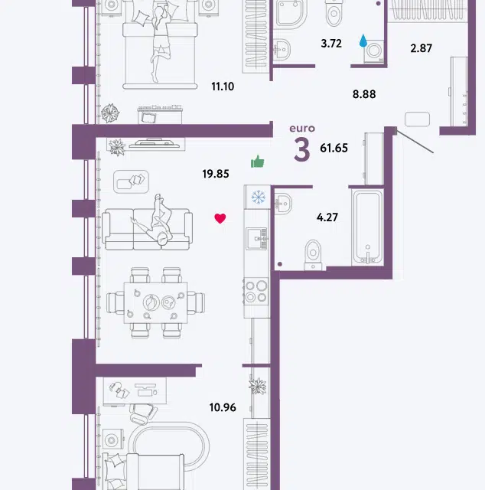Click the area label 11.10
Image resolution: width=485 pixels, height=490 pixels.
click(x=223, y=87)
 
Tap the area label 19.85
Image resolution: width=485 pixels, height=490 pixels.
click(x=216, y=174)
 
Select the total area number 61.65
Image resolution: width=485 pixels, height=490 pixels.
click(x=334, y=148)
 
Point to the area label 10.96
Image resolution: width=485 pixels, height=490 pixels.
click(x=223, y=407)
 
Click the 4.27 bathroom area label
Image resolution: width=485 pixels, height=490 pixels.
click(x=327, y=217)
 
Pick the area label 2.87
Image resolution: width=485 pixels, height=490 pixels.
click(x=422, y=48)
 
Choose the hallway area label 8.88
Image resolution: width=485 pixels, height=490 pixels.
click(x=364, y=94)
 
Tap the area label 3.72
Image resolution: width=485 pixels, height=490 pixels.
click(x=331, y=44)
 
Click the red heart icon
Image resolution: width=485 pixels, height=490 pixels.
click(x=220, y=218)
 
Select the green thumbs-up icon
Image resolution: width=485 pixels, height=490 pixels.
click(x=258, y=162)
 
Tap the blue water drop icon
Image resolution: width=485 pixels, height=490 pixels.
click(x=363, y=41)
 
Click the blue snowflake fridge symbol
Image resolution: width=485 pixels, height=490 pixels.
click(x=259, y=198)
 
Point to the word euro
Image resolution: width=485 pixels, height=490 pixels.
click(x=302, y=129)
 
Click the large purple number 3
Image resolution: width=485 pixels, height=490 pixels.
click(x=302, y=150)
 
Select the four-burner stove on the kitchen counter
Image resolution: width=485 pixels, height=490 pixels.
click(x=256, y=292)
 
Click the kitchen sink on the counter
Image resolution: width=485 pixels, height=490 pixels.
click(x=257, y=238)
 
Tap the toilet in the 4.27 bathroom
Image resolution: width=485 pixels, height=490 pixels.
click(x=313, y=254)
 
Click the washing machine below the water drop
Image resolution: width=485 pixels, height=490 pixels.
click(x=374, y=51)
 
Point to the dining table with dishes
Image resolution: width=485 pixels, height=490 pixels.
click(x=155, y=303)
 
